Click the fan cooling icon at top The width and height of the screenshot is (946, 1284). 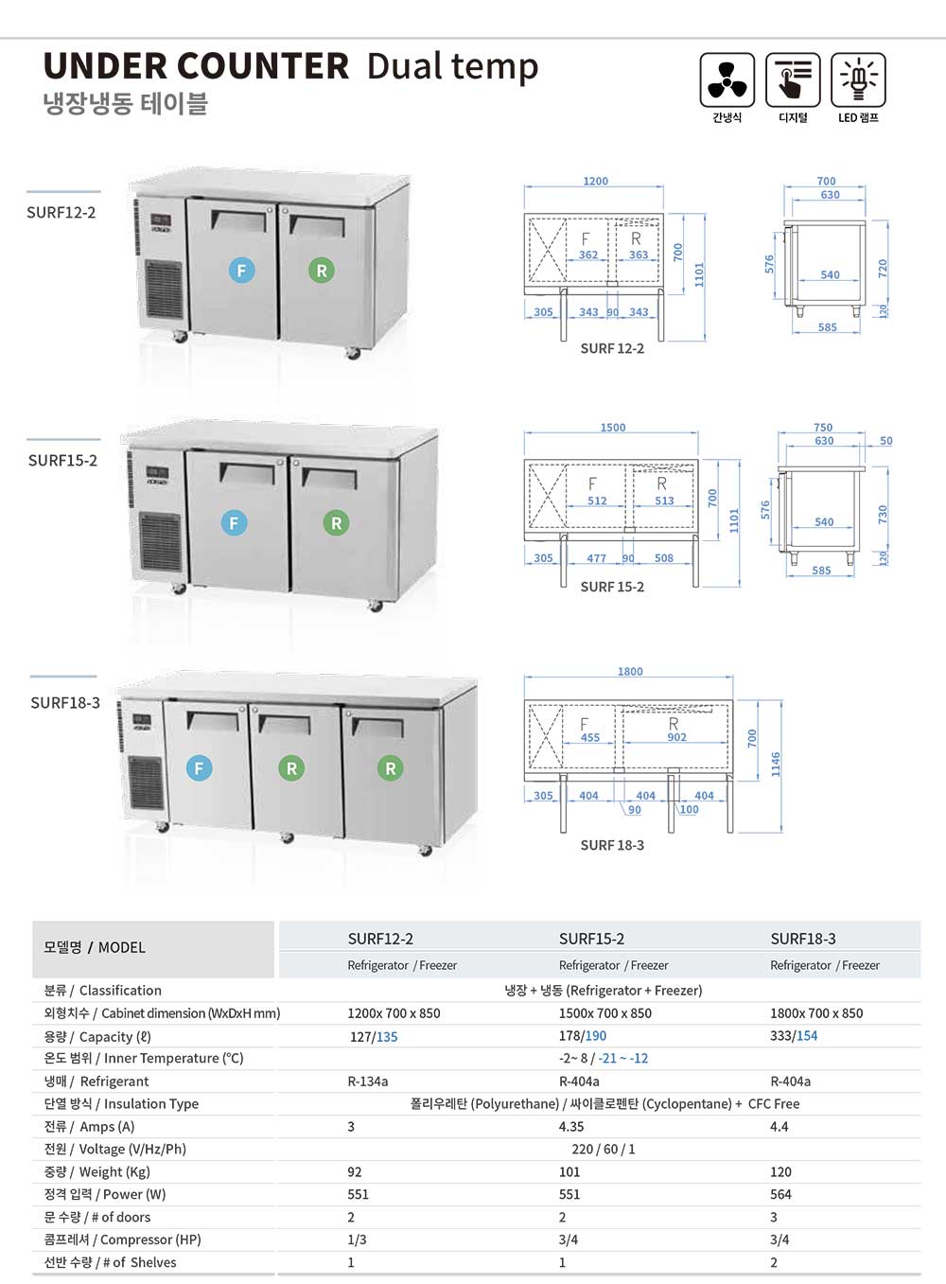pos(727,80)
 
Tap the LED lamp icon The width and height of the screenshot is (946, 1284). pos(858,80)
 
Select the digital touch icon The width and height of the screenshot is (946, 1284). pos(793,80)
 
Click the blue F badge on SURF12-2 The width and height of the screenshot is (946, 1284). pos(241,271)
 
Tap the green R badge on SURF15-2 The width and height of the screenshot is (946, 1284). pos(336,523)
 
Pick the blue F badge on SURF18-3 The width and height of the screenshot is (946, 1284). pos(199,768)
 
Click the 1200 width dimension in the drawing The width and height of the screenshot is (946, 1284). pos(596,181)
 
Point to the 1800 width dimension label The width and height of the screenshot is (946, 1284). pos(630,672)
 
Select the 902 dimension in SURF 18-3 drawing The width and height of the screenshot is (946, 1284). pos(677,737)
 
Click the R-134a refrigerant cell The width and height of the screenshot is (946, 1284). pos(368,1082)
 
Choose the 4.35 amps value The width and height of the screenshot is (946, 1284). pos(571,1127)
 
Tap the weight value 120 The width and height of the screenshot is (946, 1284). pos(780,1172)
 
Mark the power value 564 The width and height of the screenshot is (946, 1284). pos(780,1195)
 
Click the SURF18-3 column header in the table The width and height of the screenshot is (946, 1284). pos(803,939)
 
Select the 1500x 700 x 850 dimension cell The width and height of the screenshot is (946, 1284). pos(605,1013)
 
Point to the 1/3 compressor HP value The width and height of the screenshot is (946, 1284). pos(357,1240)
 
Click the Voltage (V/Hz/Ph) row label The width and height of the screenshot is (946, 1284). pos(115,1150)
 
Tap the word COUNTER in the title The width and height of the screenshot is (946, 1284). pos(263,66)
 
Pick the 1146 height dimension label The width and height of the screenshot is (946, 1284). pos(776,764)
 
